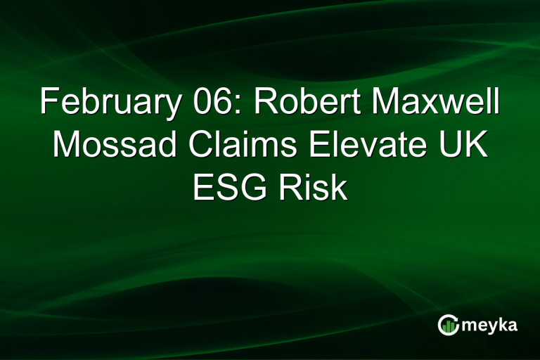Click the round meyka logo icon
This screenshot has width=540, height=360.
point(448,325)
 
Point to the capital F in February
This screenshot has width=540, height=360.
point(49,103)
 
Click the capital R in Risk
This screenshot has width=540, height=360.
point(290,187)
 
